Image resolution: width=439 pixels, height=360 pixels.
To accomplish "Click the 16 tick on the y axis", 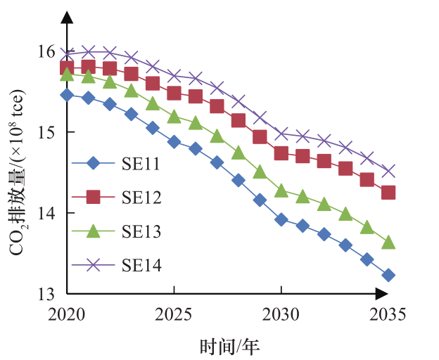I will pyautogui.click(x=46, y=51).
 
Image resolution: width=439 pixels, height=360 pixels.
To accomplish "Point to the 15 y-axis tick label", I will pyautogui.click(x=46, y=132).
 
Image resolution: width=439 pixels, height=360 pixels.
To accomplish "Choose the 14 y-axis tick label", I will pyautogui.click(x=46, y=213).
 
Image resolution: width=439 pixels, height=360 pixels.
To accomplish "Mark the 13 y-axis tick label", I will pyautogui.click(x=46, y=294).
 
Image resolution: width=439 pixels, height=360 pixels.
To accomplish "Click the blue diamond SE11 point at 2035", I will pyautogui.click(x=388, y=275).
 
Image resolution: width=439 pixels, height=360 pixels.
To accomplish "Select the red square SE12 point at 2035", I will pyautogui.click(x=388, y=193).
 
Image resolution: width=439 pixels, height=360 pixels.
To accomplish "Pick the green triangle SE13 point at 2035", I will pyautogui.click(x=388, y=243).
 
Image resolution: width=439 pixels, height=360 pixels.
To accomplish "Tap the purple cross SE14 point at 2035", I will pyautogui.click(x=388, y=172).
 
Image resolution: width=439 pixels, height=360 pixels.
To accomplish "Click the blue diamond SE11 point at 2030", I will pyautogui.click(x=281, y=219).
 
